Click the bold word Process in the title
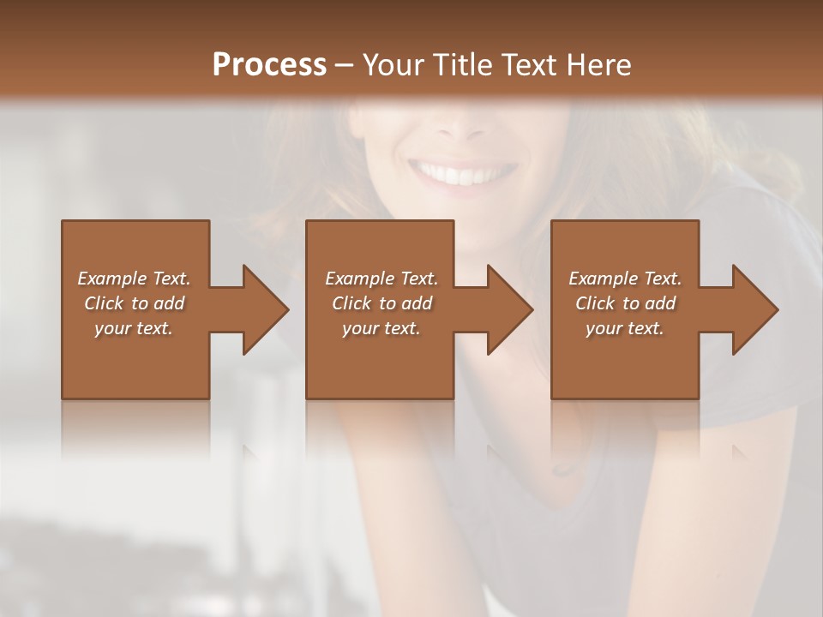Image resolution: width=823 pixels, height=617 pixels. click(x=269, y=65)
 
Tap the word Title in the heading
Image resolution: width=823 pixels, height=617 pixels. click(x=462, y=65)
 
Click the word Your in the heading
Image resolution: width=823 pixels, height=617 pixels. click(x=395, y=65)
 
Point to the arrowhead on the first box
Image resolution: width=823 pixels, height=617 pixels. click(x=262, y=309)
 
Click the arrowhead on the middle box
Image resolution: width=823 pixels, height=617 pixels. click(x=507, y=309)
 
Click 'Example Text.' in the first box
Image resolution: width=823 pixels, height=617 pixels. click(x=134, y=279)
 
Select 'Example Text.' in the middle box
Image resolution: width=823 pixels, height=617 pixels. click(x=381, y=279)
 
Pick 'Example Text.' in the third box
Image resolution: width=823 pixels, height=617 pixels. click(x=625, y=279)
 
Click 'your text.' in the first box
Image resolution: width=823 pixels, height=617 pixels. click(x=134, y=328)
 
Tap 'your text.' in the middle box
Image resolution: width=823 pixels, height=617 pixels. click(x=381, y=328)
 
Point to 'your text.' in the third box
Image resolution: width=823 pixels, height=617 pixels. click(x=625, y=328)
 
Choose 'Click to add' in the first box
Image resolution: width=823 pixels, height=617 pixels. click(x=134, y=303)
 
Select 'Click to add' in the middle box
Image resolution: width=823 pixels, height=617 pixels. click(x=381, y=303)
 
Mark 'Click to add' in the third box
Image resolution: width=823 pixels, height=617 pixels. click(x=625, y=303)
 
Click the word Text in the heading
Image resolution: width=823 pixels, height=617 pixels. click(x=528, y=65)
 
